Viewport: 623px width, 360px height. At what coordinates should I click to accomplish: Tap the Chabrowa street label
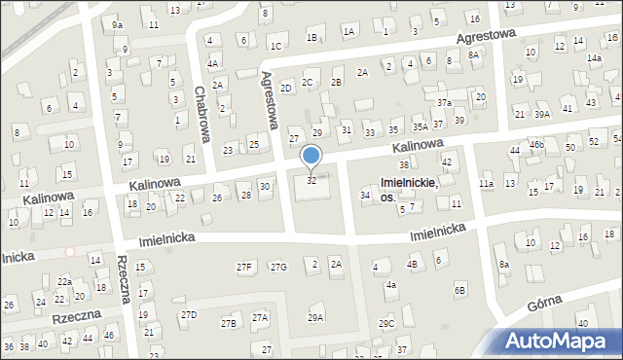[x=202, y=114]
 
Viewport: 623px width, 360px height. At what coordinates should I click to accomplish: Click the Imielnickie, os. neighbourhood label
[x=408, y=189]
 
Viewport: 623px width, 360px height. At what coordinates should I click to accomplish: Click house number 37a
[x=444, y=102]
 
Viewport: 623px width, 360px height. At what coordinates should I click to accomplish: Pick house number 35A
[x=420, y=126]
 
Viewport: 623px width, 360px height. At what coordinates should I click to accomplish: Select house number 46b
[x=535, y=144]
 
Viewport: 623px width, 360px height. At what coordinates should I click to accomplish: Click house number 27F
[x=244, y=267]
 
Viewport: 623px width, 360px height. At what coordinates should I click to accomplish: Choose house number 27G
[x=278, y=267]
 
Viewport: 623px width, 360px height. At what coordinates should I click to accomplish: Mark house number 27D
[x=188, y=314]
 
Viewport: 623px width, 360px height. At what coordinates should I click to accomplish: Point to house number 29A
[x=315, y=317]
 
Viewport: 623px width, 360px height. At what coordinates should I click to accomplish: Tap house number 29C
[x=386, y=323]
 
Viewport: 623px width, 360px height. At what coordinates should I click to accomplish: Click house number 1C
[x=276, y=46]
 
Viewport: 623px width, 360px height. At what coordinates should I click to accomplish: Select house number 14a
[x=594, y=58]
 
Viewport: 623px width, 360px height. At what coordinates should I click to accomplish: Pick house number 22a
[x=64, y=281]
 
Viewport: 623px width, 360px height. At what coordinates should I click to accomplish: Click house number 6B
[x=459, y=290]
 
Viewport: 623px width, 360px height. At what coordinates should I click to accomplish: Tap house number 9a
[x=117, y=24]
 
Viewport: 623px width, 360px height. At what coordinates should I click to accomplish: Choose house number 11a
[x=486, y=183]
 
